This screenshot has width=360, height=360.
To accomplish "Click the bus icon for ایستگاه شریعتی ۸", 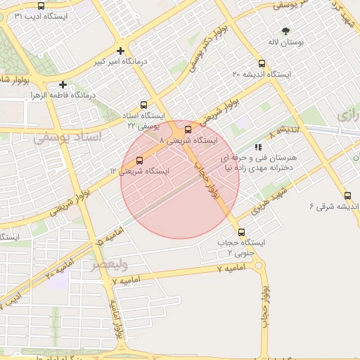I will pyautogui.click(x=188, y=129).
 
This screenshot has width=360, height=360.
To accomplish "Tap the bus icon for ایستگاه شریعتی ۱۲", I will pyautogui.click(x=139, y=160).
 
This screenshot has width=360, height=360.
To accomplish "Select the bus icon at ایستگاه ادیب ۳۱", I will pyautogui.click(x=41, y=6).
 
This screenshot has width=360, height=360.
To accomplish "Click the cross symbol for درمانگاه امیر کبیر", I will pyautogui.click(x=121, y=51).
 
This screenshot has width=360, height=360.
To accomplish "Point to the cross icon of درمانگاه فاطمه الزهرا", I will pyautogui.click(x=63, y=84).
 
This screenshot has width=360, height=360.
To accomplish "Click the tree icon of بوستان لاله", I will pyautogui.click(x=285, y=31).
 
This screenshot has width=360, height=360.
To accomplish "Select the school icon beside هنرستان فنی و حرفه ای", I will pyautogui.click(x=259, y=148).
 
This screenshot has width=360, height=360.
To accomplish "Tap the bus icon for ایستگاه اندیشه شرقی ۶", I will pyautogui.click(x=347, y=195).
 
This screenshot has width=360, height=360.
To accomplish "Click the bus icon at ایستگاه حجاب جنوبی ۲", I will pyautogui.click(x=242, y=232).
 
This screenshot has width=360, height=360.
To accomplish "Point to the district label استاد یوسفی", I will pyautogui.click(x=67, y=137).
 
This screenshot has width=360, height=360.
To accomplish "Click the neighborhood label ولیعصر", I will pyautogui.click(x=109, y=265).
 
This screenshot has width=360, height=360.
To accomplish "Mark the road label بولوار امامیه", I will pyautogui.click(x=115, y=313).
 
